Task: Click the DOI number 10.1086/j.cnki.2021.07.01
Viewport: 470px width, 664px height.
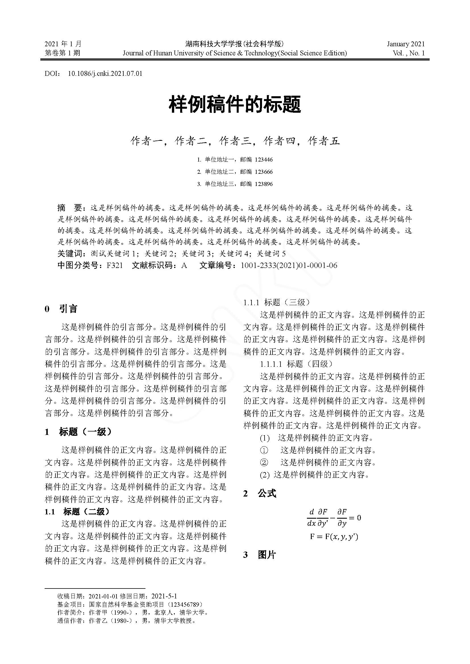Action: (105, 73)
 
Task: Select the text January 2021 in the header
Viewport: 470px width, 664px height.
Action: (405, 44)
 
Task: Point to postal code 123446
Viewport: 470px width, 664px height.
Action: (264, 160)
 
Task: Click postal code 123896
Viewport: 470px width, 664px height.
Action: (264, 184)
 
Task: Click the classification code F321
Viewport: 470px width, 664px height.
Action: (114, 265)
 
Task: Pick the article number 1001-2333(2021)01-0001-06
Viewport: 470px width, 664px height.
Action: (289, 265)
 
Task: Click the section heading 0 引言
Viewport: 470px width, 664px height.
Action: (61, 309)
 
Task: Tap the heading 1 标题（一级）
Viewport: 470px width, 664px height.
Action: (78, 432)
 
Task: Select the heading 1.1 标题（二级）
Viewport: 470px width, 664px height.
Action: (77, 512)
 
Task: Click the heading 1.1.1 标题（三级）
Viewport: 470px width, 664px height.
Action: (276, 303)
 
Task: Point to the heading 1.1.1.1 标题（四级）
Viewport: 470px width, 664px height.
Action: (296, 364)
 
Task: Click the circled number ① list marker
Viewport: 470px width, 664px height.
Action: (264, 450)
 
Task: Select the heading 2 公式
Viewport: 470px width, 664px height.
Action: (260, 494)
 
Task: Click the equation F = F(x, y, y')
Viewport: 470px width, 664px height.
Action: (334, 537)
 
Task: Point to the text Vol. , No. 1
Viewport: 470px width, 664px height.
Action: (409, 53)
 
